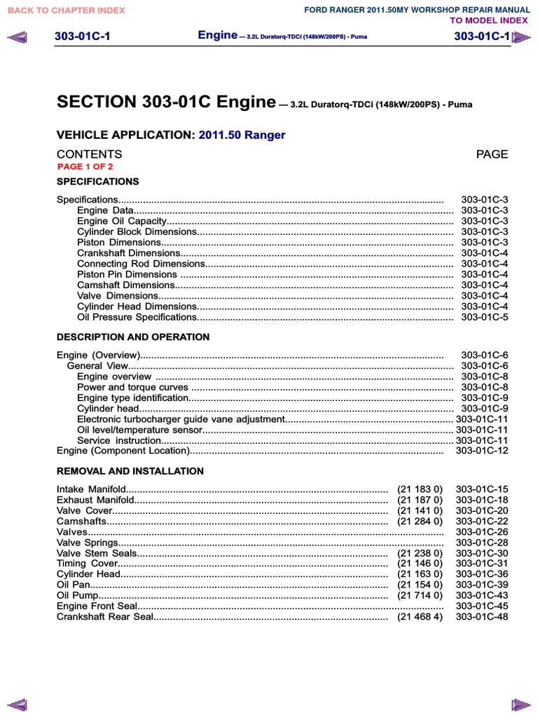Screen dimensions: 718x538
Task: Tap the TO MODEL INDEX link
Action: click(x=489, y=20)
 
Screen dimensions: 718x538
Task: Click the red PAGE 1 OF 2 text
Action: click(x=85, y=167)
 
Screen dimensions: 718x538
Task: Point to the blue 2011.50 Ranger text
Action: click(x=242, y=135)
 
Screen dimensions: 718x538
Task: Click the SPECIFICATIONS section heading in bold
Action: click(x=97, y=182)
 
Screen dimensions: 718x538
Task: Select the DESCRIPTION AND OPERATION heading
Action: click(x=132, y=337)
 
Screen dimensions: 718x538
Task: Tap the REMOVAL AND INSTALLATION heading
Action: click(x=130, y=471)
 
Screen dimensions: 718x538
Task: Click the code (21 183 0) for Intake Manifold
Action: click(x=420, y=489)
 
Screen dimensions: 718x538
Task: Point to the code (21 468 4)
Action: click(x=420, y=617)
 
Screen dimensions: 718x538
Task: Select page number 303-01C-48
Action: click(x=481, y=617)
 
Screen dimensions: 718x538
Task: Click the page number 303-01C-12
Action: click(x=481, y=451)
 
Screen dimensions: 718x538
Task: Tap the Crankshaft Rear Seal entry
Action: click(x=104, y=617)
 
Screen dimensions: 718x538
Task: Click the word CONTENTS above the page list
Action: click(x=89, y=154)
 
